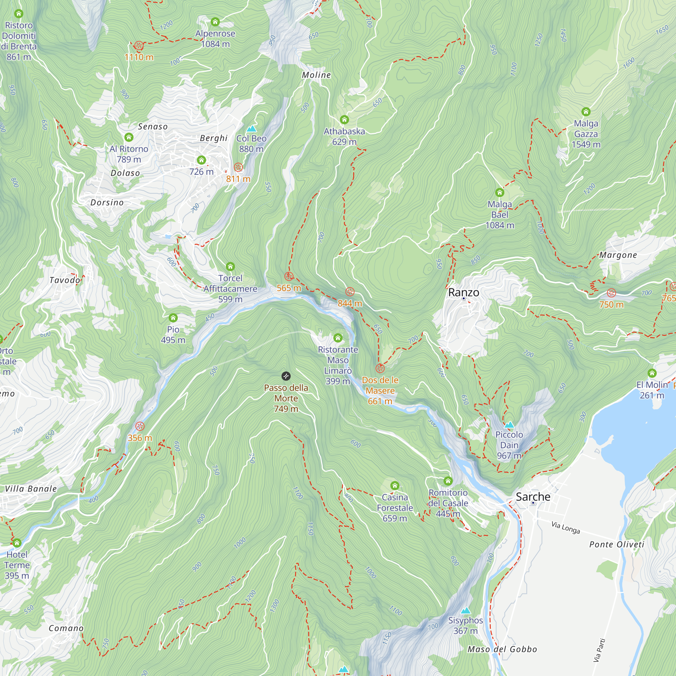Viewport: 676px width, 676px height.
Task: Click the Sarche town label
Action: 533,497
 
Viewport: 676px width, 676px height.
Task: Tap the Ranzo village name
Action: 464,292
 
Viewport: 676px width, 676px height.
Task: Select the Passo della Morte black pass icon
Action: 286,376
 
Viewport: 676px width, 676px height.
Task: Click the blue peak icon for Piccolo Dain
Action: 509,425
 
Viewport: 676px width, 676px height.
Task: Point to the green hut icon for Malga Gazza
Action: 586,112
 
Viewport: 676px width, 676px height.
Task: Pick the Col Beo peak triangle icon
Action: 251,129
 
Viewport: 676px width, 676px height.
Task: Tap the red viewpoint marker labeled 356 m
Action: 140,426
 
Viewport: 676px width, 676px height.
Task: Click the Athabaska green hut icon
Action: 344,120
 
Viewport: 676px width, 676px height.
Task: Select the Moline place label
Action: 316,75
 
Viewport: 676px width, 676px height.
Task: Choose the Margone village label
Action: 618,255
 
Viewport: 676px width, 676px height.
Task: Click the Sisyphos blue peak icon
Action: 465,611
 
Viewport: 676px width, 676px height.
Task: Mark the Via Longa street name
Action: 565,527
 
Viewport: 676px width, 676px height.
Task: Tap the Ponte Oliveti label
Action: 617,545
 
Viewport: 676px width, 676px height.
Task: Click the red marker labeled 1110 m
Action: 139,46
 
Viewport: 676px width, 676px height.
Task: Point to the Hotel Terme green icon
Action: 17,543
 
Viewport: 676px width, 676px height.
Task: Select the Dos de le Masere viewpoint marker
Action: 380,368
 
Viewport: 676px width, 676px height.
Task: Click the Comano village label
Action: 66,628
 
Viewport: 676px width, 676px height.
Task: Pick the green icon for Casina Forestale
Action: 395,485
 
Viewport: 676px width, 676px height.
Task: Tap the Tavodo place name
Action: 65,280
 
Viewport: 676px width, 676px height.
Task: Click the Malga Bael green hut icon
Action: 500,192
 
